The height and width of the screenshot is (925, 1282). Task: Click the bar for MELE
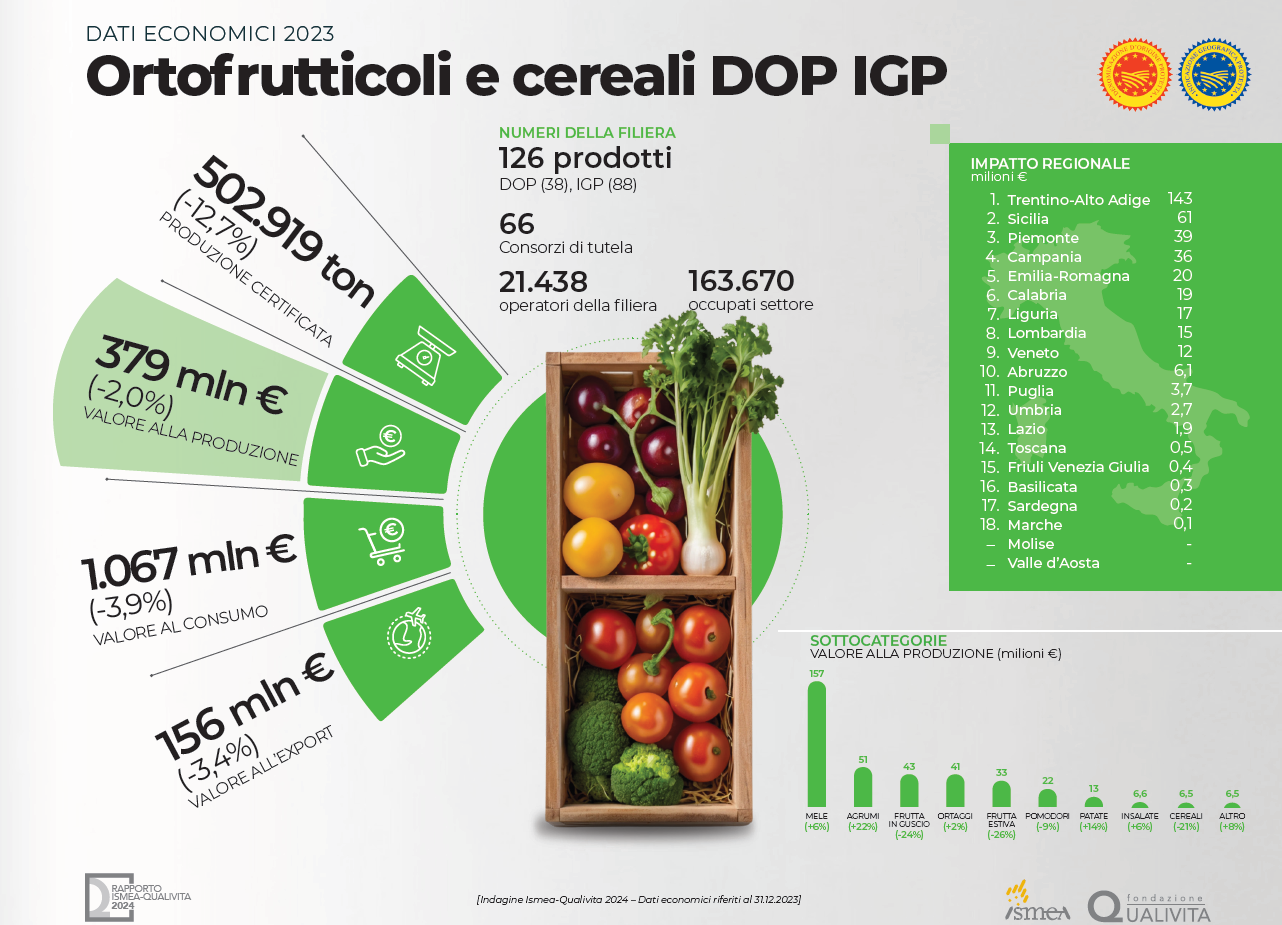click(x=817, y=745)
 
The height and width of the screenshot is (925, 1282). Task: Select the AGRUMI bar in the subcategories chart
click(x=862, y=788)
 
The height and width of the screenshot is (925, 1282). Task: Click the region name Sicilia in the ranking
click(x=1028, y=219)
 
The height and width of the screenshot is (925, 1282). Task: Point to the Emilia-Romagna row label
click(x=1068, y=276)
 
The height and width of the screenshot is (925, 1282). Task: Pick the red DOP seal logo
click(x=1135, y=73)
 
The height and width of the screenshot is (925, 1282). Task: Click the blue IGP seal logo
click(x=1215, y=73)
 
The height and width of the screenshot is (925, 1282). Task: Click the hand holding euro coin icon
click(x=381, y=446)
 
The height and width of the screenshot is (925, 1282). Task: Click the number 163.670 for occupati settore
click(x=741, y=281)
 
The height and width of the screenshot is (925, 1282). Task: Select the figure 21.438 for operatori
click(x=543, y=281)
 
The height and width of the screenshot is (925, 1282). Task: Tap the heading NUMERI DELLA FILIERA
click(x=587, y=133)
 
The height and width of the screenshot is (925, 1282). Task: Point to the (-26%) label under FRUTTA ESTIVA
click(x=1001, y=834)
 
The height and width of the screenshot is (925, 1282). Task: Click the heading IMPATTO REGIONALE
click(x=1050, y=164)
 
